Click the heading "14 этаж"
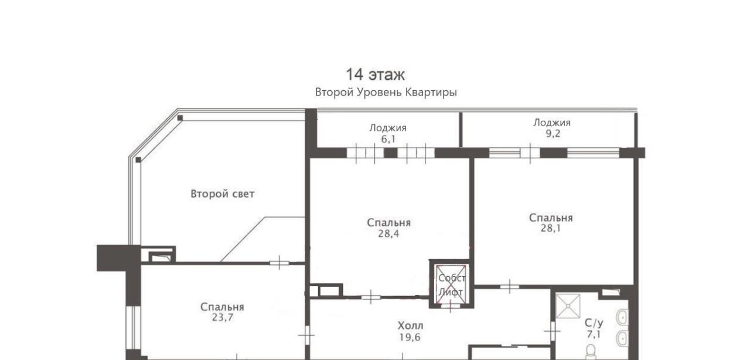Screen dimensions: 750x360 tap(375, 74)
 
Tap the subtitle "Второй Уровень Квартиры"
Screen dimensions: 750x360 tap(386, 92)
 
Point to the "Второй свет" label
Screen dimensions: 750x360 tap(222, 193)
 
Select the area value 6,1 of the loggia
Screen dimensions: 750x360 tap(388, 139)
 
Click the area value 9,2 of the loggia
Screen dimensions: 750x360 tap(553, 134)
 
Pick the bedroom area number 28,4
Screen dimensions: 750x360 tap(388, 233)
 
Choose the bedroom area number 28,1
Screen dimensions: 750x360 tap(550, 228)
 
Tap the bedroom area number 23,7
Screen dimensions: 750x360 tap(222, 317)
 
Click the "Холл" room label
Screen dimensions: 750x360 tap(411, 326)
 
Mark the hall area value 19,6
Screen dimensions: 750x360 tap(410, 337)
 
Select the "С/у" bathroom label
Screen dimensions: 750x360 tap(594, 323)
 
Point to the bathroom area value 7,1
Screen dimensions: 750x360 tap(594, 334)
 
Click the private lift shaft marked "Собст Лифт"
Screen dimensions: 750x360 tap(451, 284)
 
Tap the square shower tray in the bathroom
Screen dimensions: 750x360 tap(568, 306)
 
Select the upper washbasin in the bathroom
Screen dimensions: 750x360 tap(622, 317)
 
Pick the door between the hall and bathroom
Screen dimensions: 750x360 tap(552, 331)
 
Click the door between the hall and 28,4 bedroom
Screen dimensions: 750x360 tap(371, 297)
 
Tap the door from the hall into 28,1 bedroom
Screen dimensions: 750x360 tap(509, 287)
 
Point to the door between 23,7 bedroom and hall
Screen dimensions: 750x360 tap(306, 335)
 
